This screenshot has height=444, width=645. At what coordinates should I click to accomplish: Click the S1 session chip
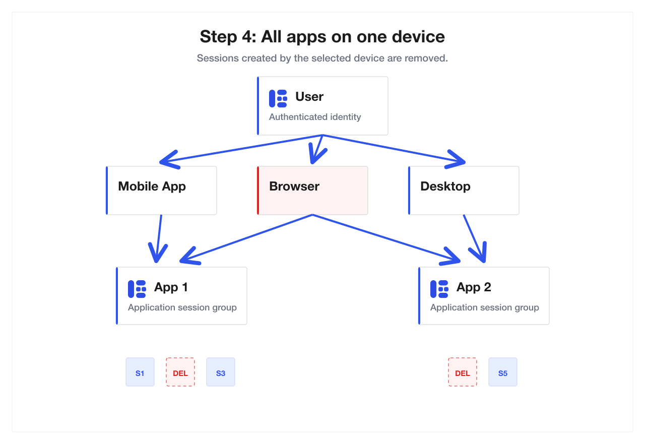coord(140,372)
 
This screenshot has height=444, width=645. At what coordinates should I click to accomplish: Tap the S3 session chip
coord(221,372)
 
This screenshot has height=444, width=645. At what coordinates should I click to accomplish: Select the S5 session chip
coord(503,372)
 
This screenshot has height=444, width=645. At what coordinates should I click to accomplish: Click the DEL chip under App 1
coord(180,372)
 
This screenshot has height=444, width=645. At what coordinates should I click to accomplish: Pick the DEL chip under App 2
coord(463,372)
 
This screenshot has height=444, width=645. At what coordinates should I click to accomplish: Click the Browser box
coord(312,191)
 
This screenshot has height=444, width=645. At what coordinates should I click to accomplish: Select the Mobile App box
coord(161,191)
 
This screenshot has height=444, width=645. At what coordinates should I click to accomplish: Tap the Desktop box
coord(464,191)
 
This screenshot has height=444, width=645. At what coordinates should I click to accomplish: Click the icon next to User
coord(278,98)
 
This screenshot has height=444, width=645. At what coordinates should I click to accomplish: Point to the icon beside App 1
coord(137,289)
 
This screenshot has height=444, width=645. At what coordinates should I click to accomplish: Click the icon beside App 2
coord(439,289)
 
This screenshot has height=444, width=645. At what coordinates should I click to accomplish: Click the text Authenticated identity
coord(315,117)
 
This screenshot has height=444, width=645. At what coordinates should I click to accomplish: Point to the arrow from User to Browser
coord(317,149)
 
